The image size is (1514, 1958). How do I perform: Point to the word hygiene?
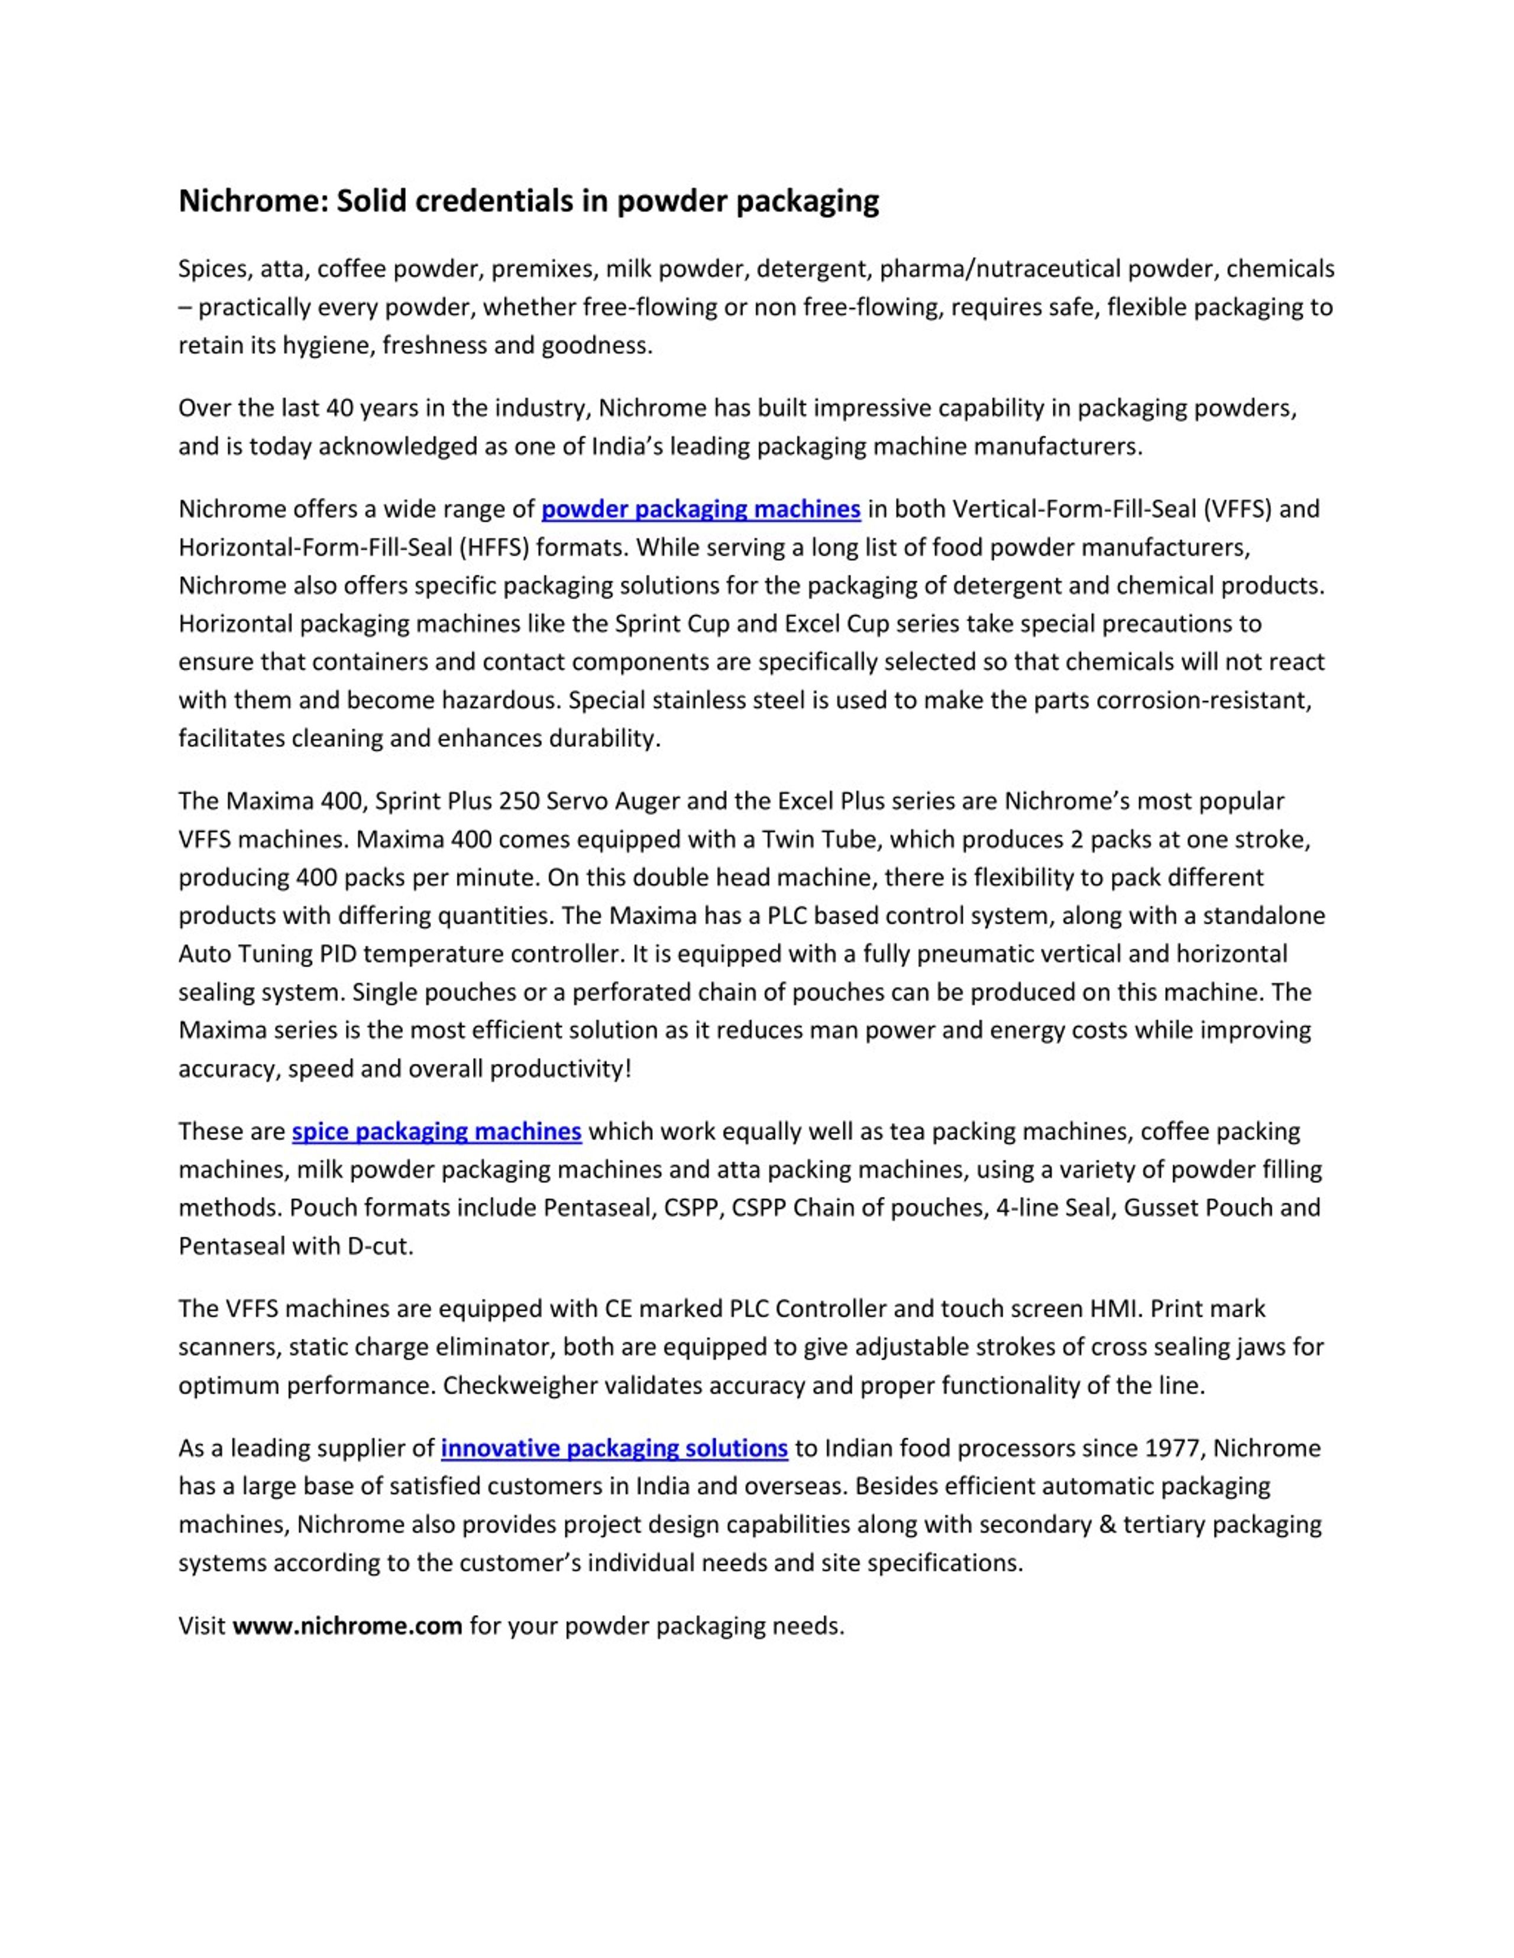click(328, 346)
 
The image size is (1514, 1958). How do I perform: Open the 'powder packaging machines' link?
click(700, 509)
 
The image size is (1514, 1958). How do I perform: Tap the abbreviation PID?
click(340, 954)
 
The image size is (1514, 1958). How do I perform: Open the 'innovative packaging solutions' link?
click(614, 1449)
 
